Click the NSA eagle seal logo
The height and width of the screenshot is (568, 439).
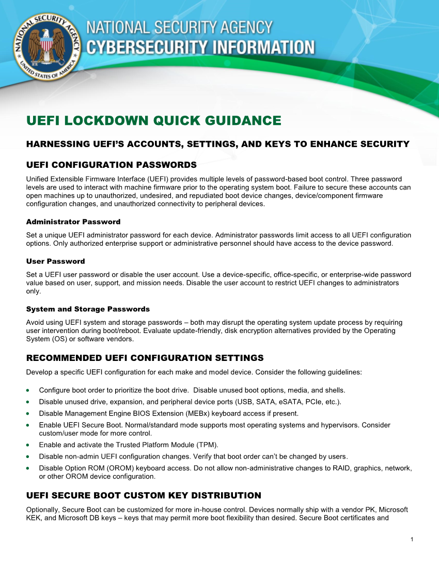pyautogui.click(x=46, y=46)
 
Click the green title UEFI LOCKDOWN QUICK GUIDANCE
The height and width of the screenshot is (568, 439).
pyautogui.click(x=153, y=121)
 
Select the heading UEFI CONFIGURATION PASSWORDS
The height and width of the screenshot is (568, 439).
pyautogui.click(x=111, y=165)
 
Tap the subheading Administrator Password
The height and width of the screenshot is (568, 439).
pyautogui.click(x=73, y=222)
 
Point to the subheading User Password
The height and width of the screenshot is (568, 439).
pyautogui.click(x=55, y=261)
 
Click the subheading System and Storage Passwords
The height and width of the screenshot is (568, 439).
pyautogui.click(x=88, y=309)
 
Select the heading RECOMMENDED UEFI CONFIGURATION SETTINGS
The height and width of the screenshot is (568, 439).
pyautogui.click(x=145, y=358)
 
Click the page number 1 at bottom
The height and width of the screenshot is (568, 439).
pyautogui.click(x=412, y=540)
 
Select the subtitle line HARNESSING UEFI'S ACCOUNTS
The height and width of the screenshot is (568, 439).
pyautogui.click(x=217, y=144)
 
